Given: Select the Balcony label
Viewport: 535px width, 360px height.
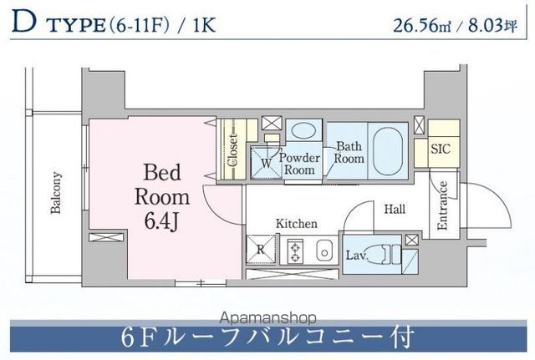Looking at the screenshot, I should coord(57,193).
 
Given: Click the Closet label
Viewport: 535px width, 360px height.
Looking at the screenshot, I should coord(233,151).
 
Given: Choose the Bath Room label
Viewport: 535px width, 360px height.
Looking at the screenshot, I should coord(349,153).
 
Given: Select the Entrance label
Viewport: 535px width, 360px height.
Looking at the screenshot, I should coord(443,206).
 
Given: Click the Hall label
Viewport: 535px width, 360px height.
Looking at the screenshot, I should coord(395,209).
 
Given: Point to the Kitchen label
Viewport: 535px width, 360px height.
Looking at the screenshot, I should coord(298,224).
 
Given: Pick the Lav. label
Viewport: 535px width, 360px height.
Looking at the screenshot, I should coord(355,254).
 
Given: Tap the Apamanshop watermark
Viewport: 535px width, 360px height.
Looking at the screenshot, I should coord(267,318).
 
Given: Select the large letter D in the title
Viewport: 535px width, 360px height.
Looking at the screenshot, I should coord(24,23).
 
